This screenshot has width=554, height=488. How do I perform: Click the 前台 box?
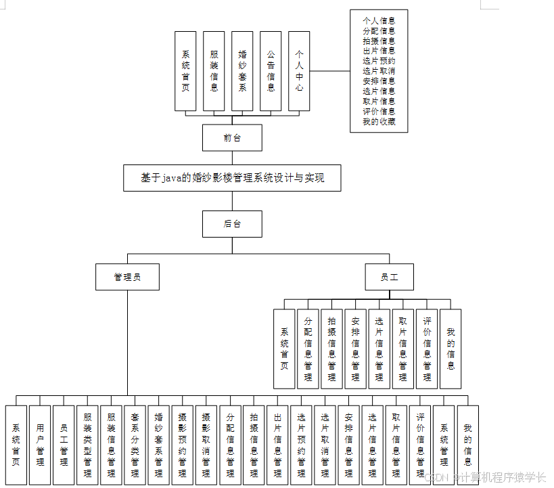pyautogui.click(x=232, y=137)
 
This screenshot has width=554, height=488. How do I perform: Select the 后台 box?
pyautogui.click(x=232, y=223)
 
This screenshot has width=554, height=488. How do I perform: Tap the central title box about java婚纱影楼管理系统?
pyautogui.click(x=232, y=178)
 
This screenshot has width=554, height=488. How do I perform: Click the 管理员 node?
pyautogui.click(x=127, y=277)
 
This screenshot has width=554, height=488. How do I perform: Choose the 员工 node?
pyautogui.click(x=389, y=277)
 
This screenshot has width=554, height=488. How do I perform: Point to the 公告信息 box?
pyautogui.click(x=271, y=71)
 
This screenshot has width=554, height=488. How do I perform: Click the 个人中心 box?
pyautogui.click(x=299, y=71)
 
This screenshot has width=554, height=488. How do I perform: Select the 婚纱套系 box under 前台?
pyautogui.click(x=242, y=71)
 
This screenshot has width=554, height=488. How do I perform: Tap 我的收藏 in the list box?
pyautogui.click(x=379, y=122)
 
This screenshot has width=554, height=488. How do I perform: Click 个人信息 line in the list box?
pyautogui.click(x=379, y=20)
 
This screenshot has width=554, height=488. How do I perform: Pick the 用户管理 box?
pyautogui.click(x=40, y=445)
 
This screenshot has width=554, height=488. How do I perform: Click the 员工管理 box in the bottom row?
pyautogui.click(x=64, y=445)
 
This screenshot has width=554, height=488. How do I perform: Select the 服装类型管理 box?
pyautogui.click(x=87, y=445)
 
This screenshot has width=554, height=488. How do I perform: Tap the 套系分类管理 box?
pyautogui.click(x=135, y=445)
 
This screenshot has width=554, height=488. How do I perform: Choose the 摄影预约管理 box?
pyautogui.click(x=182, y=445)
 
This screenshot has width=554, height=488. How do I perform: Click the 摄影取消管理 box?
pyautogui.click(x=206, y=445)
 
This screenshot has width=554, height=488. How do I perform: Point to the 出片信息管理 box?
pyautogui.click(x=277, y=445)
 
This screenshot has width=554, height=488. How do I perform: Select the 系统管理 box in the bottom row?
pyautogui.click(x=444, y=445)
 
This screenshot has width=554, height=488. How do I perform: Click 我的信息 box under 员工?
pyautogui.click(x=451, y=349)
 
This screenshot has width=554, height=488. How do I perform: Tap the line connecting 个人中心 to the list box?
pyautogui.click(x=329, y=71)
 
